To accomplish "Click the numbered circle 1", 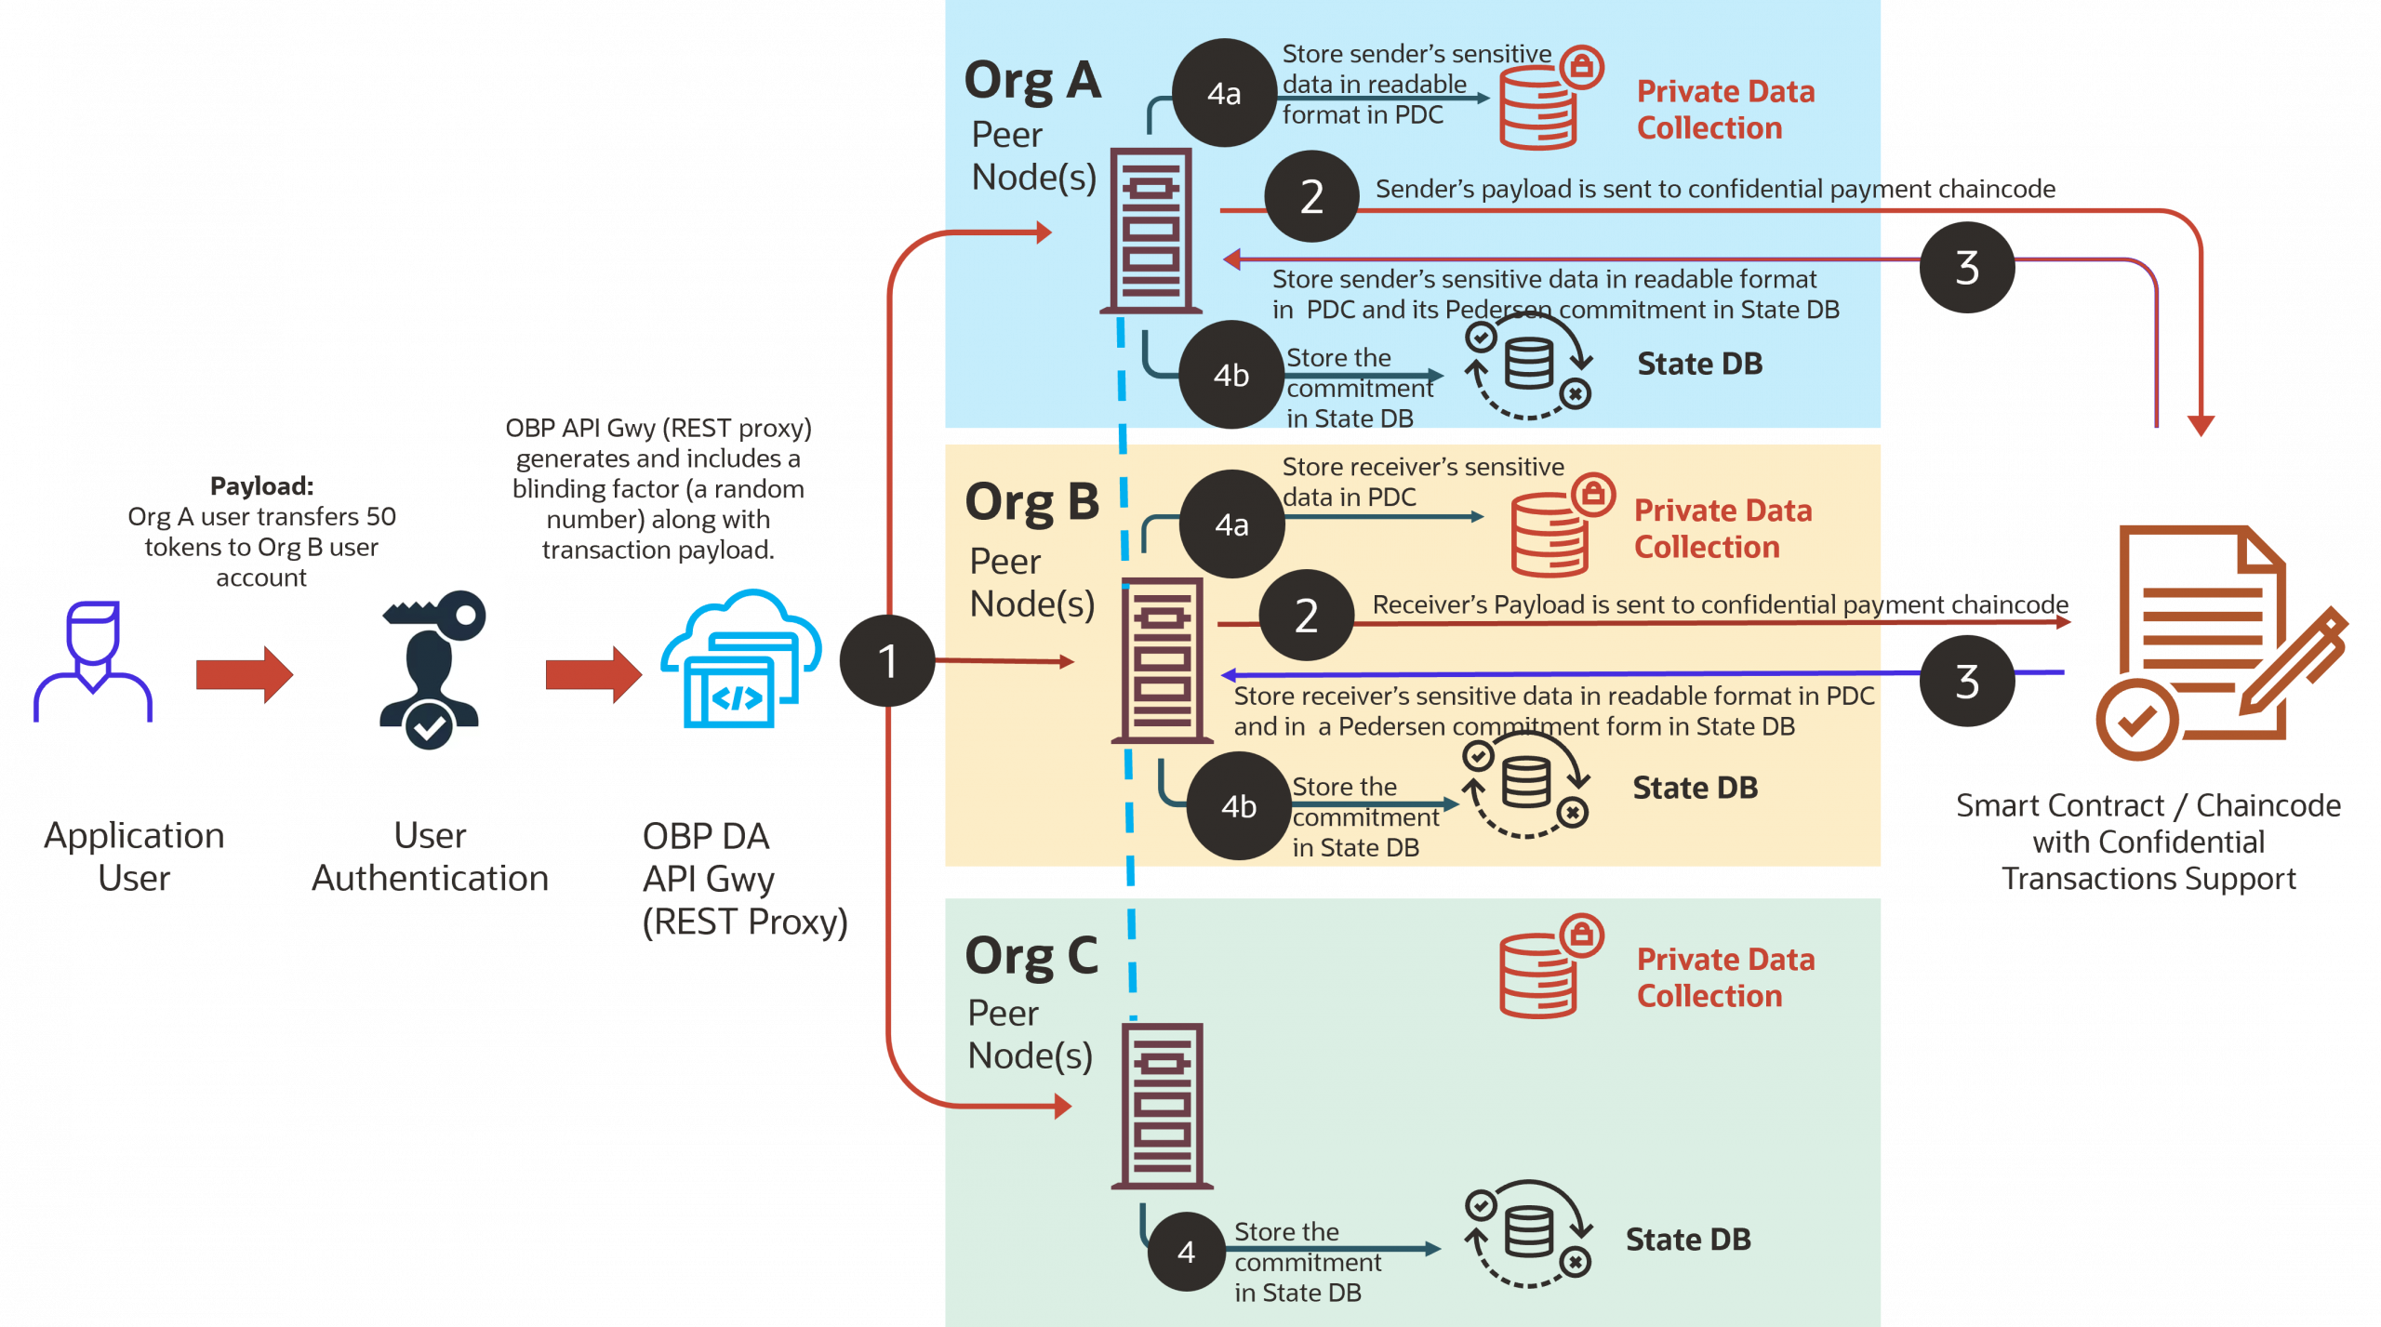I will click(x=886, y=661).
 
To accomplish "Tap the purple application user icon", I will click(x=93, y=661).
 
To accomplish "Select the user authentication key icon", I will click(x=427, y=663).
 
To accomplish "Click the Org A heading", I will click(x=1032, y=81).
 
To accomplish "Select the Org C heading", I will click(x=1031, y=956).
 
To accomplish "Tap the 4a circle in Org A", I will click(x=1224, y=93).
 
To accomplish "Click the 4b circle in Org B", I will click(x=1239, y=806).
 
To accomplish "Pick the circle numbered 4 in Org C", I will click(x=1186, y=1252).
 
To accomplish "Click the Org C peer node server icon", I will click(x=1162, y=1106).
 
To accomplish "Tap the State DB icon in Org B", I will click(x=1527, y=786).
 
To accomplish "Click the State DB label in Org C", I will click(x=1688, y=1240).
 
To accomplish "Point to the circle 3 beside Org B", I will click(x=1966, y=682).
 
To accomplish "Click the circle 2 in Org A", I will click(x=1311, y=197).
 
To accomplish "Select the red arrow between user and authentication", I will click(x=245, y=674).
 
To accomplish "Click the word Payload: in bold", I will click(x=261, y=486).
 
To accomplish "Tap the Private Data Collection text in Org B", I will click(x=1723, y=528).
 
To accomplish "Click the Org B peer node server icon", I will click(x=1162, y=661).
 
